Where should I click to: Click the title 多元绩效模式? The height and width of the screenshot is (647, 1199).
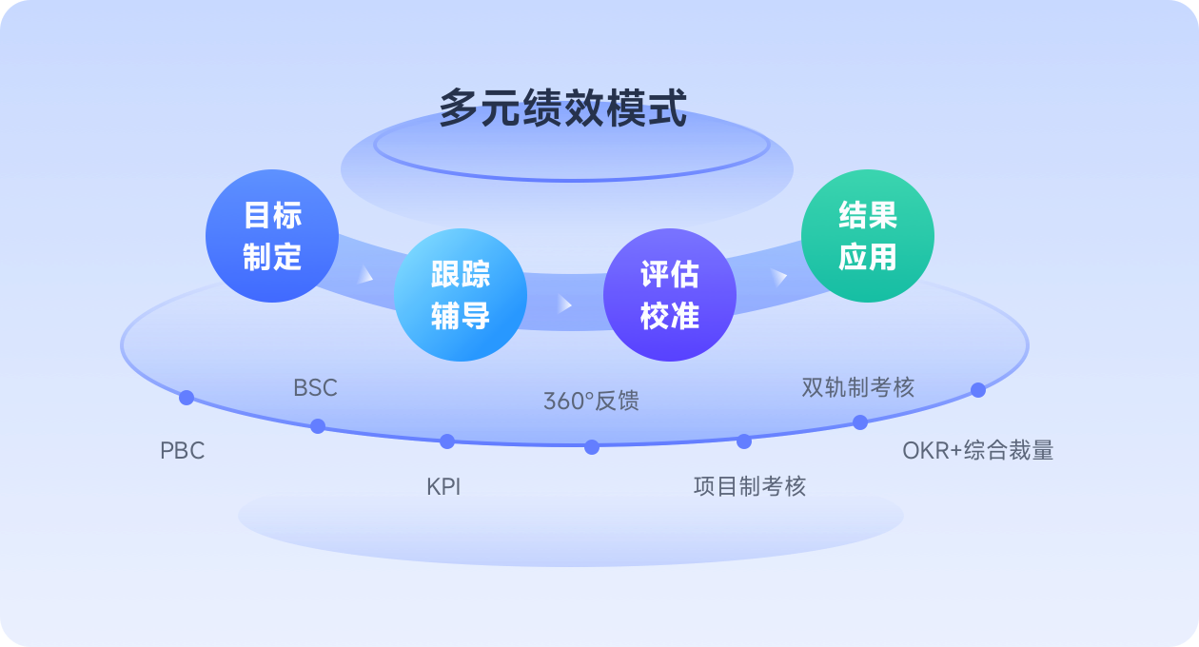click(x=562, y=108)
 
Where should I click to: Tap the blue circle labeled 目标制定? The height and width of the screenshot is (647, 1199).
click(x=272, y=236)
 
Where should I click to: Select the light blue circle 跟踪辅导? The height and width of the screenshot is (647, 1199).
click(x=461, y=295)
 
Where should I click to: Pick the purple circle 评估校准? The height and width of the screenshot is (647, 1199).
click(x=670, y=295)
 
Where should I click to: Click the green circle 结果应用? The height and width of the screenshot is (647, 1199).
click(x=867, y=236)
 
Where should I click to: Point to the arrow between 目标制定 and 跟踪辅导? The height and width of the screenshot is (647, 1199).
click(x=365, y=276)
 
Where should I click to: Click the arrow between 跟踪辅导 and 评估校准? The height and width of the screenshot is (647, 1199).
click(x=565, y=304)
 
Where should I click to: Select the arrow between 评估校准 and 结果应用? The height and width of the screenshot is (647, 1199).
click(x=780, y=277)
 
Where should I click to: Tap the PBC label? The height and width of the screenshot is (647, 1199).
click(x=183, y=451)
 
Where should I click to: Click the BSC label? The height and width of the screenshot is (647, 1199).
click(x=315, y=388)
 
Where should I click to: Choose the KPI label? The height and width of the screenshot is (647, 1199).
click(x=443, y=487)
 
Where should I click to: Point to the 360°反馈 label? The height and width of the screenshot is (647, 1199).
click(x=591, y=402)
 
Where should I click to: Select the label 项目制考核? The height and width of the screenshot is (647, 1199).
click(x=750, y=487)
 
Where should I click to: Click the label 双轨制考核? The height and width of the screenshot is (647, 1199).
click(x=858, y=388)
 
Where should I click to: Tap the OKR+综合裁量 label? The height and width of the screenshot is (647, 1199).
click(x=978, y=451)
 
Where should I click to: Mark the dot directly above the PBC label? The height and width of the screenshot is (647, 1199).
click(x=187, y=398)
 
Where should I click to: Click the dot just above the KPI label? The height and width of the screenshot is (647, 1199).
click(x=447, y=441)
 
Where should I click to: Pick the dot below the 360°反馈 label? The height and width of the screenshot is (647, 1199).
click(x=592, y=447)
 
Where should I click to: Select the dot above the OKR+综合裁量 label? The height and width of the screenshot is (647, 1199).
click(x=978, y=389)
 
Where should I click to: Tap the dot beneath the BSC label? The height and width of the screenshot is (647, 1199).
click(x=318, y=426)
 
